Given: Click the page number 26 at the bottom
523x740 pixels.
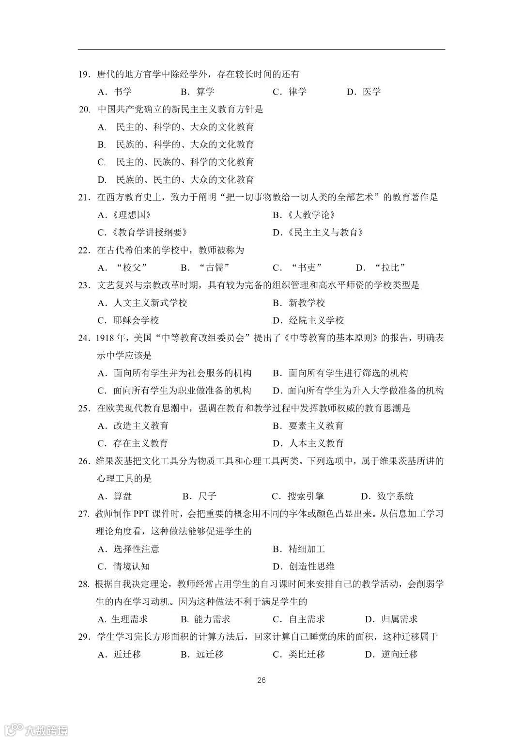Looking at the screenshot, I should pyautogui.click(x=261, y=680).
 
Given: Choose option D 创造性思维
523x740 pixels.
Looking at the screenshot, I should pyautogui.click(x=304, y=567).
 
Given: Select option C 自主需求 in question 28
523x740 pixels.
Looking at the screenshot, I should pyautogui.click(x=299, y=619).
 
